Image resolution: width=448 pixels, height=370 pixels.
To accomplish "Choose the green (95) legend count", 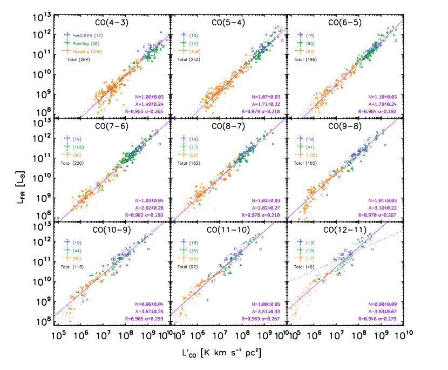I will click(x=310, y=43).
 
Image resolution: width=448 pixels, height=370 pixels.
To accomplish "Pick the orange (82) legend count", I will click(x=310, y=51).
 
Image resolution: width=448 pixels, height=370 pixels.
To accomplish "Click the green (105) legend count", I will click(x=78, y=147).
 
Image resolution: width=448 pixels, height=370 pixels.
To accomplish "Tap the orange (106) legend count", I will click(x=311, y=155).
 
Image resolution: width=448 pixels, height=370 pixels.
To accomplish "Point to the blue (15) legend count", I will click(x=310, y=243).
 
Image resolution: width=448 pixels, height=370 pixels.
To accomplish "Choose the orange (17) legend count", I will click(x=310, y=259).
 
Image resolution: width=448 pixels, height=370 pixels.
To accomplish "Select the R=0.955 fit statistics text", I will click(x=143, y=112).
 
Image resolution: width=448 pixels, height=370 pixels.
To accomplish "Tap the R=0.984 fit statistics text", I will click(x=378, y=112).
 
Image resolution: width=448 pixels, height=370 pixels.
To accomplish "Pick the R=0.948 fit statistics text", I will click(x=378, y=319).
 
